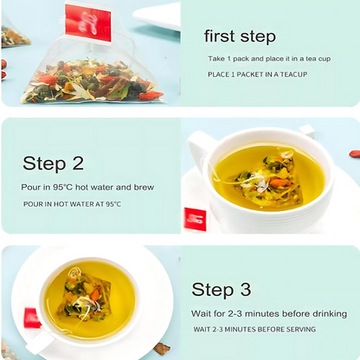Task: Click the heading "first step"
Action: pos(240,36)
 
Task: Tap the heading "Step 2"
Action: pos(53,164)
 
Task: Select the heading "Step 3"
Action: pos(222,289)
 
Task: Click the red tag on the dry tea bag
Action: pos(88,23)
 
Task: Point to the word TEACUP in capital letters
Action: pos(293,74)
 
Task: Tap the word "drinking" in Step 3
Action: pos(330,314)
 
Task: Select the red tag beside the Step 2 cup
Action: pos(196,219)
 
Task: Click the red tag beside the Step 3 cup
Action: pos(31,318)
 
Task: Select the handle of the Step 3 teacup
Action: pos(41,343)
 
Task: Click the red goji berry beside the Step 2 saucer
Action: pos(355,153)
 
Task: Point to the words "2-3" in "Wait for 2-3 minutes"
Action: pos(235,313)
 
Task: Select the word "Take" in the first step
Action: pos(216,59)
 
